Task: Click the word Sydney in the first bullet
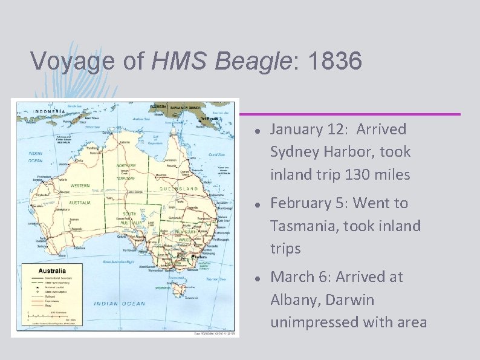point(291,152)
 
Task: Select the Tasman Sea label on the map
point(215,280)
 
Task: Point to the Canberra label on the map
point(196,257)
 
